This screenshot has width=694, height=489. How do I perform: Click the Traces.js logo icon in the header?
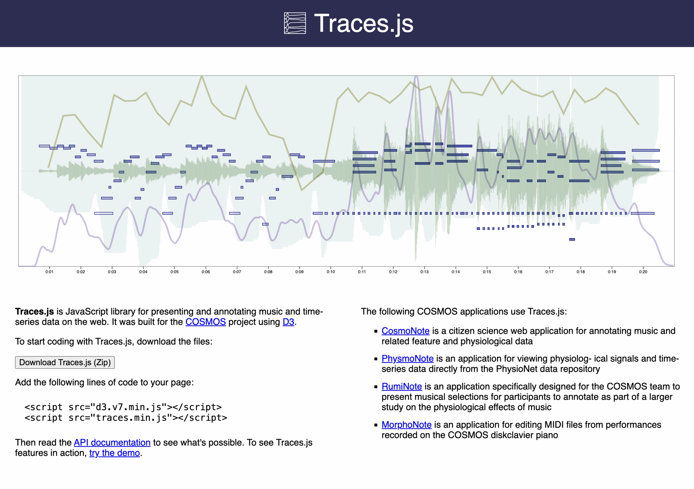pyautogui.click(x=295, y=23)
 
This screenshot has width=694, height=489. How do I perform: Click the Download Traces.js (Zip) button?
pyautogui.click(x=65, y=362)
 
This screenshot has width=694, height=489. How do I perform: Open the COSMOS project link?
pyautogui.click(x=205, y=322)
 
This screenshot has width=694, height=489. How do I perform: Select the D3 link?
pyautogui.click(x=288, y=322)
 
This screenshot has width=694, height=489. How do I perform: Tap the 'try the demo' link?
pyautogui.click(x=115, y=453)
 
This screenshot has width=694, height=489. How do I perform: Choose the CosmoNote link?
pyautogui.click(x=405, y=331)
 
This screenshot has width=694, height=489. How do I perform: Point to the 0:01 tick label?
pyautogui.click(x=49, y=272)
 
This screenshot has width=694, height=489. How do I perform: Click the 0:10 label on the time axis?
pyautogui.click(x=331, y=272)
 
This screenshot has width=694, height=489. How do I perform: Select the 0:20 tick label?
pyautogui.click(x=643, y=272)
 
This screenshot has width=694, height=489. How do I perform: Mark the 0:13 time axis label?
pyautogui.click(x=424, y=272)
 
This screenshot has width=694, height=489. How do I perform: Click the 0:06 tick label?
pyautogui.click(x=205, y=272)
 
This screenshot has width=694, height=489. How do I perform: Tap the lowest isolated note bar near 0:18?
pyautogui.click(x=572, y=239)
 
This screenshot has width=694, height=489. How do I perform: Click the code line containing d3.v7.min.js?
pyautogui.click(x=123, y=407)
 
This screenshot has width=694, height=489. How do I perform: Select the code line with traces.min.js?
pyautogui.click(x=126, y=418)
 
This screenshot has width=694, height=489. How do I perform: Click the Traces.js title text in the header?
pyautogui.click(x=364, y=24)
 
